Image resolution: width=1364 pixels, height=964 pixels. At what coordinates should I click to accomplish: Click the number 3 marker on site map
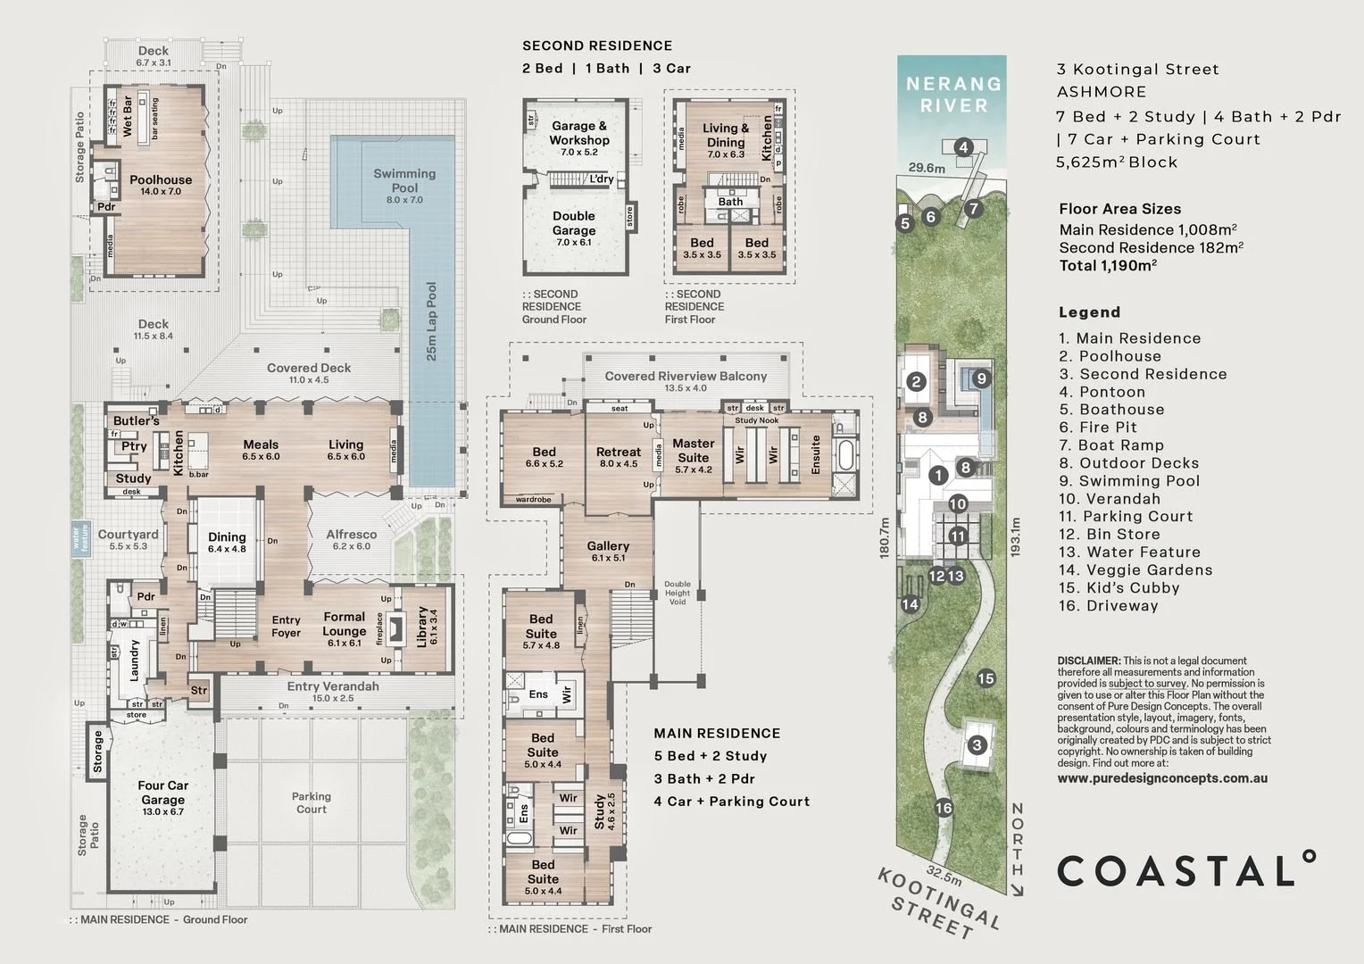pos(977,745)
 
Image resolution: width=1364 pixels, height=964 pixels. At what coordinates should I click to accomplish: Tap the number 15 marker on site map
pos(986,678)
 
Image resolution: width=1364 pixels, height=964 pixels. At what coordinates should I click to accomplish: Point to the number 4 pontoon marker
pos(962,147)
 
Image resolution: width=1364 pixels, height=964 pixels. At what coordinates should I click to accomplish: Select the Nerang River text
pos(953,95)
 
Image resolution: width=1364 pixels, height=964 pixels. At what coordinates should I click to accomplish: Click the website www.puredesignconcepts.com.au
pos(1162,777)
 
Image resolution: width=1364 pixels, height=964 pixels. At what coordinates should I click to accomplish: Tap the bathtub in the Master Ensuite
pos(844,454)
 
